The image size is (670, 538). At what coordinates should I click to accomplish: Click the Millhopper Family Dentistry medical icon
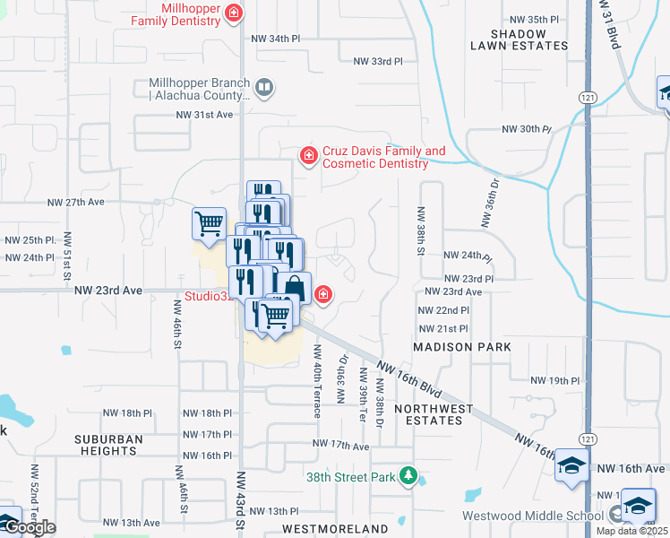click(x=234, y=13)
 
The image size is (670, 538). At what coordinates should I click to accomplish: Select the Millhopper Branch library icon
click(x=264, y=88)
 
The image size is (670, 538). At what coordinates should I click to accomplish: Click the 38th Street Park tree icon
click(x=408, y=476)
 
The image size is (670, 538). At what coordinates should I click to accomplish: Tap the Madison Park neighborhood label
click(x=462, y=347)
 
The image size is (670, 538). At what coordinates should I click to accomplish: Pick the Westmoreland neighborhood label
click(x=337, y=528)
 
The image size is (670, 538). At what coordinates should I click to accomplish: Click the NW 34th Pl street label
click(x=275, y=39)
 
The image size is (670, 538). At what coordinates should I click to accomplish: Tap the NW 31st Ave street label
click(x=204, y=115)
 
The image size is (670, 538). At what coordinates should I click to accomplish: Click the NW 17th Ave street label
click(x=341, y=445)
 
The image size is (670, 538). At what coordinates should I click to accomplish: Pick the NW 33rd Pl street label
click(x=378, y=62)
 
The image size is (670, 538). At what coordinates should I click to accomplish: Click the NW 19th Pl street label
click(x=555, y=381)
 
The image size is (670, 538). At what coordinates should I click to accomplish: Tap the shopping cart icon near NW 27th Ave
click(x=209, y=222)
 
